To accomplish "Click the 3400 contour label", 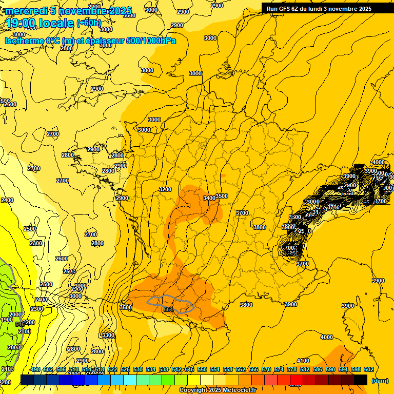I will (x=209, y=198).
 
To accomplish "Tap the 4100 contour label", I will (x=303, y=361).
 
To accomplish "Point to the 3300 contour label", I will (x=108, y=335).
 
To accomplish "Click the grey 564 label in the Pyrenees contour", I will (x=168, y=309).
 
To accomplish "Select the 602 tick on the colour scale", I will (x=368, y=369).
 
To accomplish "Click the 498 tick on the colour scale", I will (x=35, y=369).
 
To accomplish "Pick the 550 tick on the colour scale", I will (x=202, y=369).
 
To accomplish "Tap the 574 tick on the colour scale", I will (x=279, y=369).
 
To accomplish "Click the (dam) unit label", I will (x=380, y=381).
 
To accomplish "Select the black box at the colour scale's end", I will (x=361, y=380).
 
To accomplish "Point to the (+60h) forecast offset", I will (x=89, y=23).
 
